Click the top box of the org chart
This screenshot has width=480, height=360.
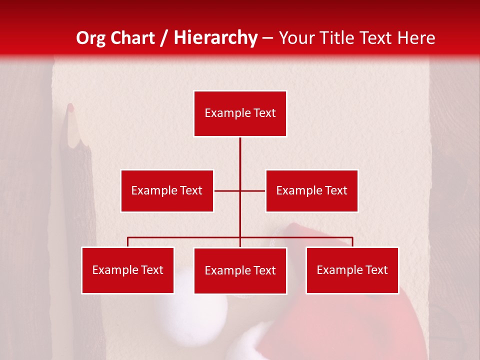240,113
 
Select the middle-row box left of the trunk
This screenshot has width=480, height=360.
167,190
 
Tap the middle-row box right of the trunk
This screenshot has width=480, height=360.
311,190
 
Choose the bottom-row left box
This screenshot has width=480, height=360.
127,270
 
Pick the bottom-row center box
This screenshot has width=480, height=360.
240,270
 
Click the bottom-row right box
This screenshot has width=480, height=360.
352,270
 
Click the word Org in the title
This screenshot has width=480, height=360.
90,38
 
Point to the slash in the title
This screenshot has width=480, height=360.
164,38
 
